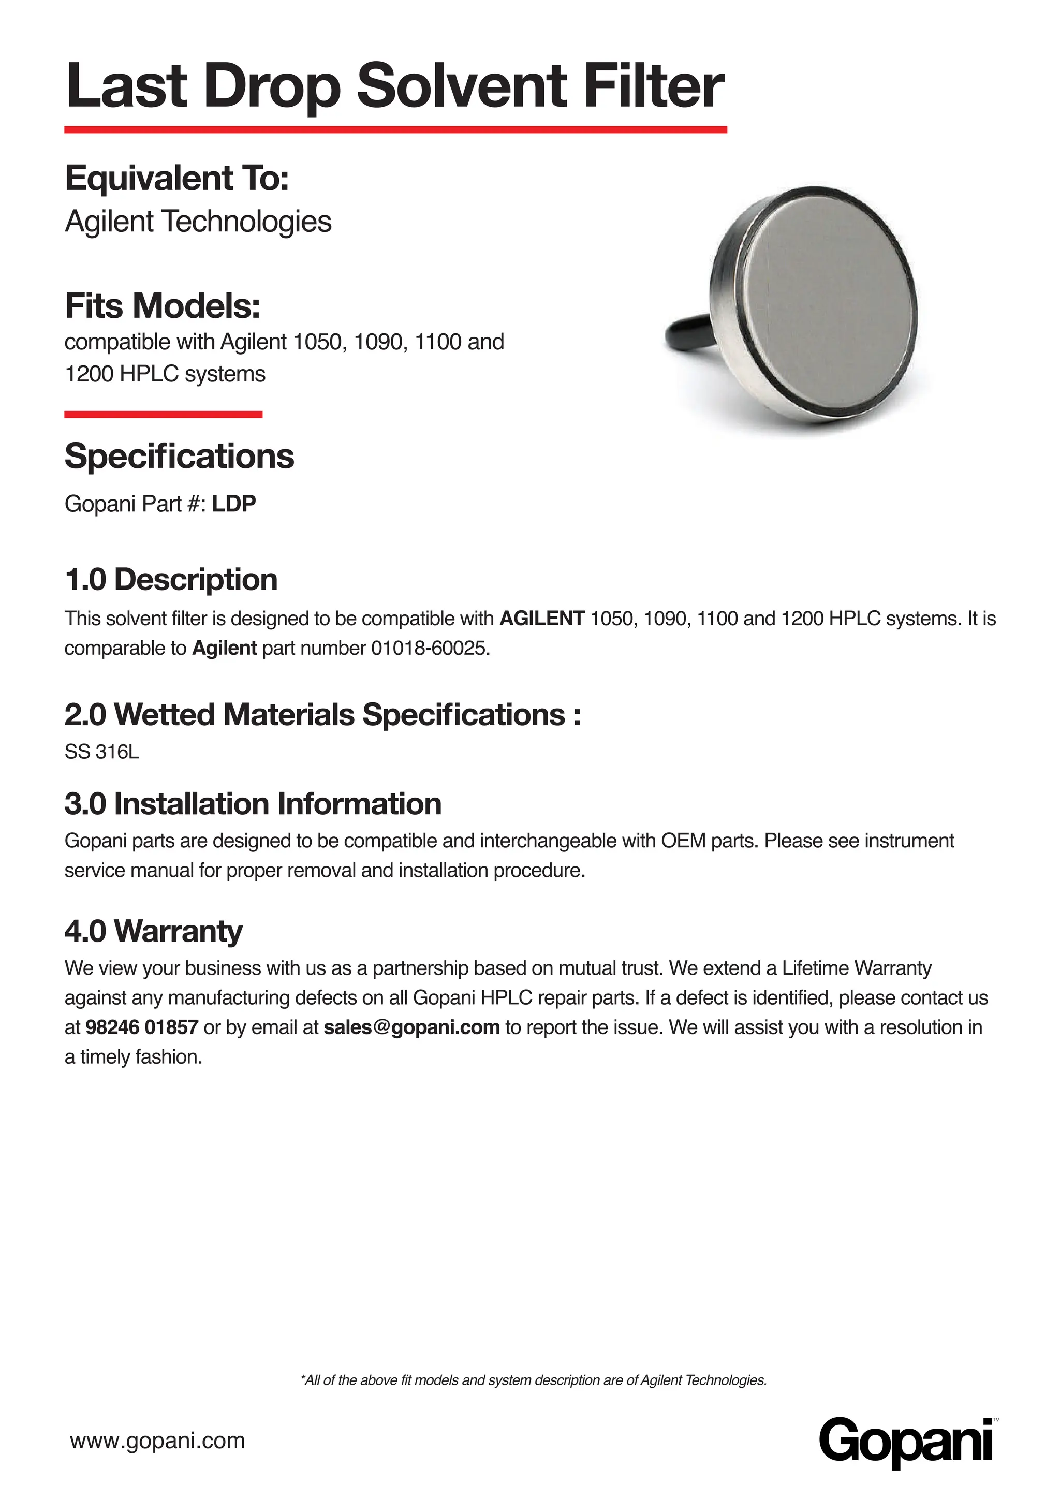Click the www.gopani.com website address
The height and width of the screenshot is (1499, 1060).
(157, 1439)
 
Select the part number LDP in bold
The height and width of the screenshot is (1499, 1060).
(233, 504)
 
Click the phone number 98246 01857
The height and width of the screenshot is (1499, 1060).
(142, 1027)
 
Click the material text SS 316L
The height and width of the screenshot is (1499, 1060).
(102, 752)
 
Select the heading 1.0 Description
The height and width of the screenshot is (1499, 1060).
(171, 580)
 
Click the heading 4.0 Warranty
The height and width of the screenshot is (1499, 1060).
(153, 931)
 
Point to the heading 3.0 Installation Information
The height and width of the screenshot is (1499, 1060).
(253, 804)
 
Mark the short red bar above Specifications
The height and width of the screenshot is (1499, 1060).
(163, 414)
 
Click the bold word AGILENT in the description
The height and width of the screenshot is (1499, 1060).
(542, 618)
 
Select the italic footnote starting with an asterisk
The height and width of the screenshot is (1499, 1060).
(533, 1379)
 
